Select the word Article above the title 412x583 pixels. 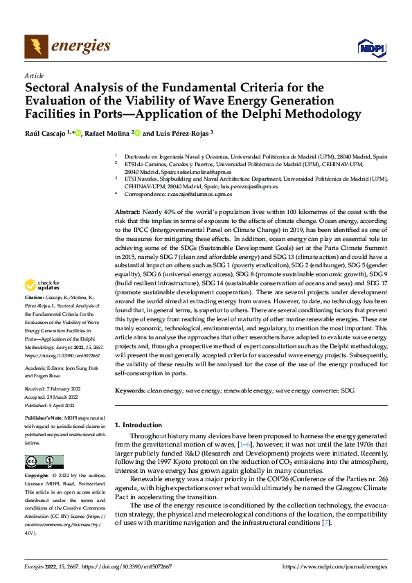34,75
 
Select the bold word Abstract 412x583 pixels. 127,210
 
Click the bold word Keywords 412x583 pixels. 129,391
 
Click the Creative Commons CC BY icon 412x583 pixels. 44,462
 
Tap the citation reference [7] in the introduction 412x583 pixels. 326,521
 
